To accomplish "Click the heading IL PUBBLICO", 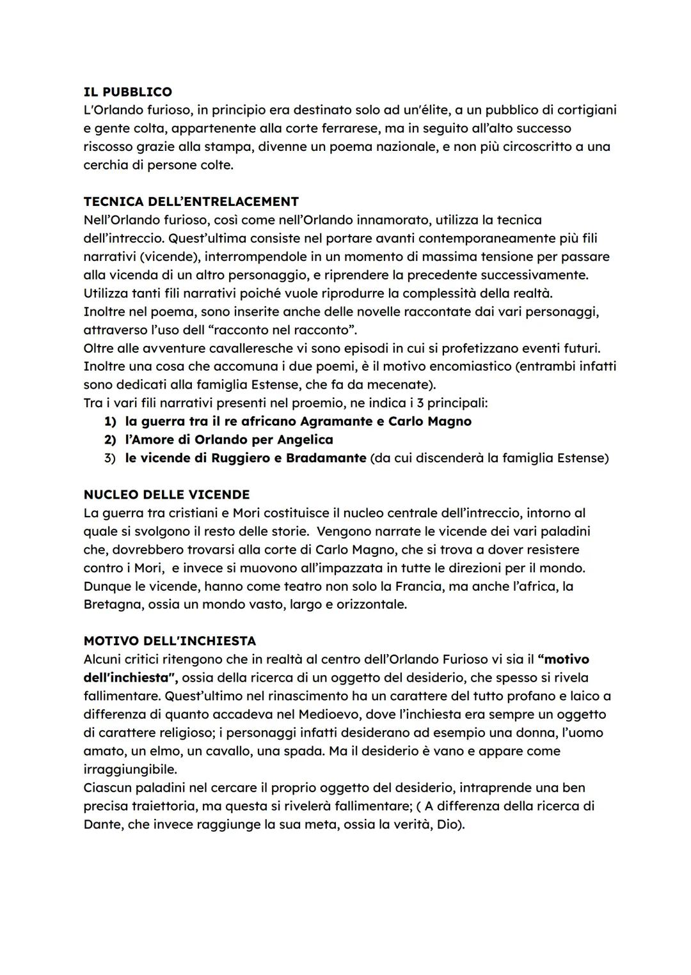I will [x=127, y=91].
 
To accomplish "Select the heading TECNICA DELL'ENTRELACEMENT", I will [x=191, y=201].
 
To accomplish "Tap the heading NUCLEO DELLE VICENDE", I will [x=166, y=494].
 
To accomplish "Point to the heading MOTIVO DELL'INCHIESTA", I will [x=170, y=641].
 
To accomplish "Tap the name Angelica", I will [x=304, y=440].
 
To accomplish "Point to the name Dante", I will [x=102, y=825].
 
